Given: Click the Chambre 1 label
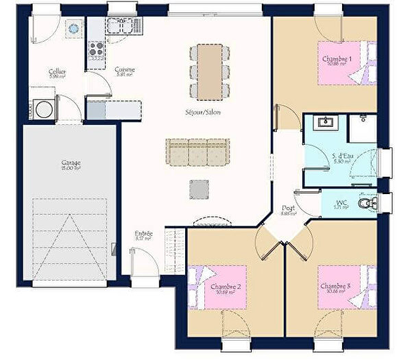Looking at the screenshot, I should pyautogui.click(x=337, y=59).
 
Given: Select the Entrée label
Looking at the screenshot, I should pyautogui.click(x=143, y=234).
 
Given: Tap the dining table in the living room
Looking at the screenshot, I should pyautogui.click(x=210, y=71).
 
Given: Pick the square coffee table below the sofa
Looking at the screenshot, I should pyautogui.click(x=199, y=189).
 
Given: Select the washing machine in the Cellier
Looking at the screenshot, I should pyautogui.click(x=43, y=109).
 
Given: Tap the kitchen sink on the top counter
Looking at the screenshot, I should pyautogui.click(x=119, y=26).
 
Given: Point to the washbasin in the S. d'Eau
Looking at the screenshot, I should pyautogui.click(x=325, y=123).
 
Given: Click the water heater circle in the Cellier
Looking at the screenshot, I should pyautogui.click(x=72, y=27).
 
